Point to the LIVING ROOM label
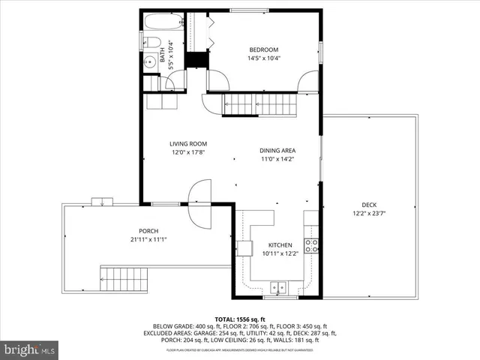pyautogui.click(x=187, y=144)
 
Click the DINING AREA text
pyautogui.click(x=277, y=150)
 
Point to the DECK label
pyautogui.click(x=369, y=205)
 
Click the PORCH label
pyautogui.click(x=148, y=231)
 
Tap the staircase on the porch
pyautogui.click(x=125, y=279)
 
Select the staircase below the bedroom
pyautogui.click(x=258, y=104)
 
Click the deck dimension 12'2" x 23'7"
pyautogui.click(x=369, y=214)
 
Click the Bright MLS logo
pyautogui.click(x=30, y=349)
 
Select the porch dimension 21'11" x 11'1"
pyautogui.click(x=148, y=240)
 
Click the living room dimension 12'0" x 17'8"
pyautogui.click(x=187, y=153)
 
